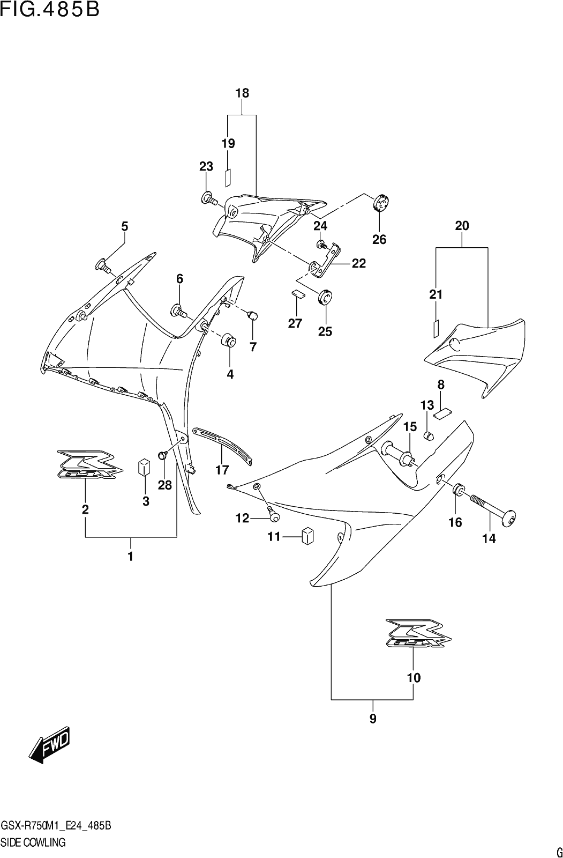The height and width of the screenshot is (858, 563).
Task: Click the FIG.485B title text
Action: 50,10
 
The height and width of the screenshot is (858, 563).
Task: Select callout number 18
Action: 242,93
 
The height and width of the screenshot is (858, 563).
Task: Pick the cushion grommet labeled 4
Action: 229,340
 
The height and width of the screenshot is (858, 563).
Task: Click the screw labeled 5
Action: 103,265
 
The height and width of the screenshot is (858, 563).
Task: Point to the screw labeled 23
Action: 209,198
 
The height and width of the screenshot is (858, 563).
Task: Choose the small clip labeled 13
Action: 429,435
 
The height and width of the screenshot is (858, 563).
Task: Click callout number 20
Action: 462,226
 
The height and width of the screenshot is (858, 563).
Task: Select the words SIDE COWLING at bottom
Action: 33,842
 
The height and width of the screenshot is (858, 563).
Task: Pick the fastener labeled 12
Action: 274,513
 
